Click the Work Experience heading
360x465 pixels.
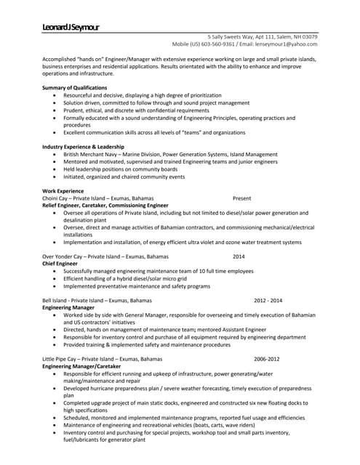click(63, 191)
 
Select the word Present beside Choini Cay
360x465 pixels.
click(242, 198)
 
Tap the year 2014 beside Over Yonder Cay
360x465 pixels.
click(239, 256)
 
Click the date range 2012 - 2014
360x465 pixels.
click(268, 300)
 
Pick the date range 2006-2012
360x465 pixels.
click(266, 359)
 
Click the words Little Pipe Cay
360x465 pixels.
click(60, 359)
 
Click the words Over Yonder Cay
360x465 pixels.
click(64, 256)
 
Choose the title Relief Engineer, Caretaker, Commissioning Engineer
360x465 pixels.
click(105, 206)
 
